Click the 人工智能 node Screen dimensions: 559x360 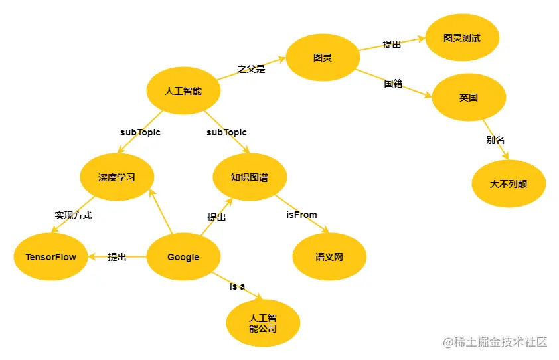tap(183, 91)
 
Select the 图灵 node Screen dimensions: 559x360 tap(323, 58)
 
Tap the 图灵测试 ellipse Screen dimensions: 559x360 tap(462, 38)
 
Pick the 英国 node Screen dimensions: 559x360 tap(469, 98)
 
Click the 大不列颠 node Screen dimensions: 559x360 tap(509, 183)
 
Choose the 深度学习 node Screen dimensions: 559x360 tap(117, 177)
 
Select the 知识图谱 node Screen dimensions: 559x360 tap(250, 177)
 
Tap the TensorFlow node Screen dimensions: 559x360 tap(50, 257)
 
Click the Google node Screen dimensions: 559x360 tap(183, 257)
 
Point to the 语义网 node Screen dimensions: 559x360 tap(329, 257)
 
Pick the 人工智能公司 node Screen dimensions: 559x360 tap(263, 323)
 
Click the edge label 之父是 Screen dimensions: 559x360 tap(251, 68)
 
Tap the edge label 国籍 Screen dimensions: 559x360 tap(393, 84)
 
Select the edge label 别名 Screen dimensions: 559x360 tap(495, 140)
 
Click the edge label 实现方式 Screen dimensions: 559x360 tap(73, 215)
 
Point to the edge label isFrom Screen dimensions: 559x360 tap(301, 215)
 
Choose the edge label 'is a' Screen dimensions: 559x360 tap(238, 286)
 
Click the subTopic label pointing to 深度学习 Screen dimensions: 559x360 tap(140, 132)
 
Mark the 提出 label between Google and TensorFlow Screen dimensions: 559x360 tap(117, 257)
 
